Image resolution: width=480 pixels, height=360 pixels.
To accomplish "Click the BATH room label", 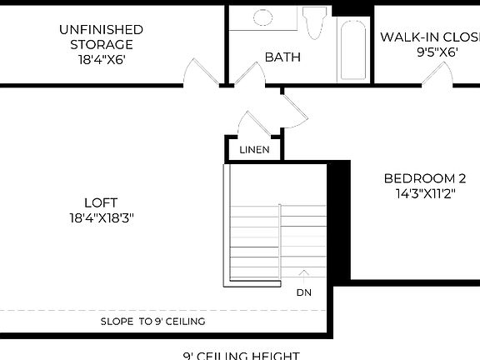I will point(282,57).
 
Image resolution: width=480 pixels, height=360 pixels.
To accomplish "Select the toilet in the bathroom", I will point(314,22).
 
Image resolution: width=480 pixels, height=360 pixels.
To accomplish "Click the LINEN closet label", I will point(253,150).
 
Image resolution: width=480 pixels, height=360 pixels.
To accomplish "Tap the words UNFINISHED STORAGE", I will point(96,37).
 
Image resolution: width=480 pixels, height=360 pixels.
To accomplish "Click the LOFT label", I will point(101,202).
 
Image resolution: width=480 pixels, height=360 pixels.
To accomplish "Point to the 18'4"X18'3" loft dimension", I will point(101,217).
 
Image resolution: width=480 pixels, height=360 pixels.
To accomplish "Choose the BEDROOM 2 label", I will point(424,178).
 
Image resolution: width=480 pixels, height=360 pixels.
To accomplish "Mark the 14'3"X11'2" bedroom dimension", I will point(424,193).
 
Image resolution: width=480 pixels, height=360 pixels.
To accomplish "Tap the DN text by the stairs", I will point(304,292).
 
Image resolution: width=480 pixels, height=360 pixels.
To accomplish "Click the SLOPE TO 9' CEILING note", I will point(152,321).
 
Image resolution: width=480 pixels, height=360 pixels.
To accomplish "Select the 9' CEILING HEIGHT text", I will point(241,355).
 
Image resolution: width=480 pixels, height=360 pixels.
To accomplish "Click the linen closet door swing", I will point(252,123).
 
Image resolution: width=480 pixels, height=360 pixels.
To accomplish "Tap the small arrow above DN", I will point(304,272).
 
